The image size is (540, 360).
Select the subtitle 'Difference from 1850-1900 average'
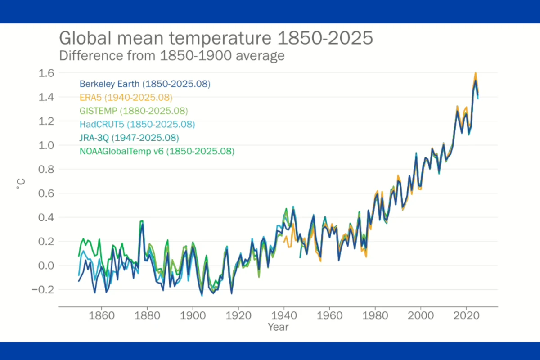[172, 56]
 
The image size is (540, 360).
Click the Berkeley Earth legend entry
[145, 84]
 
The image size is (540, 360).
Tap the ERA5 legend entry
[126, 97]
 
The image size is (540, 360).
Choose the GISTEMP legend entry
[133, 111]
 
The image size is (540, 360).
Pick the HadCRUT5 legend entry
[137, 124]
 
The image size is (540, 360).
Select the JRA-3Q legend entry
[129, 138]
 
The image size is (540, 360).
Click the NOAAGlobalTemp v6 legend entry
[157, 152]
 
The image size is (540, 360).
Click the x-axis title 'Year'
[278, 327]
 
